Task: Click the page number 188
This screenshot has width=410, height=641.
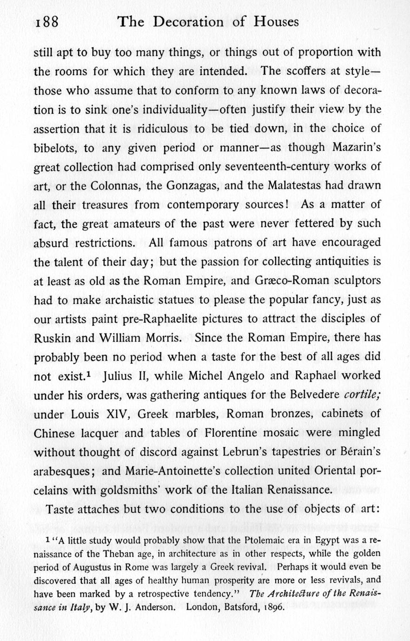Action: (x=46, y=21)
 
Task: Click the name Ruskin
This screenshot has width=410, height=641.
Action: (x=51, y=338)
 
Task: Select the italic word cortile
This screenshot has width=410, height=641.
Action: (x=362, y=395)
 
